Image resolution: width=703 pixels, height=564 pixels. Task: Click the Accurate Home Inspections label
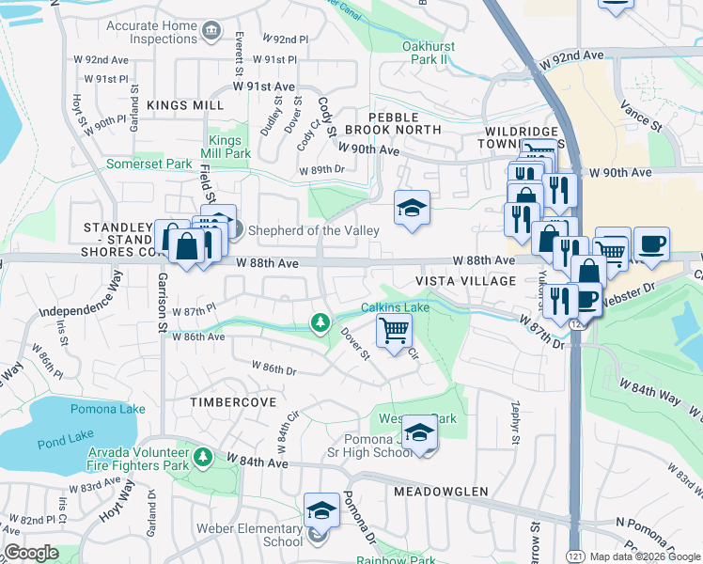click(150, 32)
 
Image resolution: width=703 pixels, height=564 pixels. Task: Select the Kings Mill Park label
click(229, 147)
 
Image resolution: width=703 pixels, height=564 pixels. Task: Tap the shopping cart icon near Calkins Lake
click(394, 329)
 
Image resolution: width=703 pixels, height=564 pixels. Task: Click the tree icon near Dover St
click(320, 323)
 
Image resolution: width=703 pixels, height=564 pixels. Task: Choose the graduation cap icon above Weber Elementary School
click(321, 510)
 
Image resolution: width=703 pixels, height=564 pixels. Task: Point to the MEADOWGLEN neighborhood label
click(441, 492)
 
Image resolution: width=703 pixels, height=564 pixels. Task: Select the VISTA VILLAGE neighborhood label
click(467, 281)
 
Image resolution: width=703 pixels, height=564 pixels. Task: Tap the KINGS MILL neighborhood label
click(185, 106)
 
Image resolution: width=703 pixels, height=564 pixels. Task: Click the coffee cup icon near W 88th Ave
click(650, 244)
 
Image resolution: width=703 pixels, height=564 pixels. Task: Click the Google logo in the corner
click(31, 553)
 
